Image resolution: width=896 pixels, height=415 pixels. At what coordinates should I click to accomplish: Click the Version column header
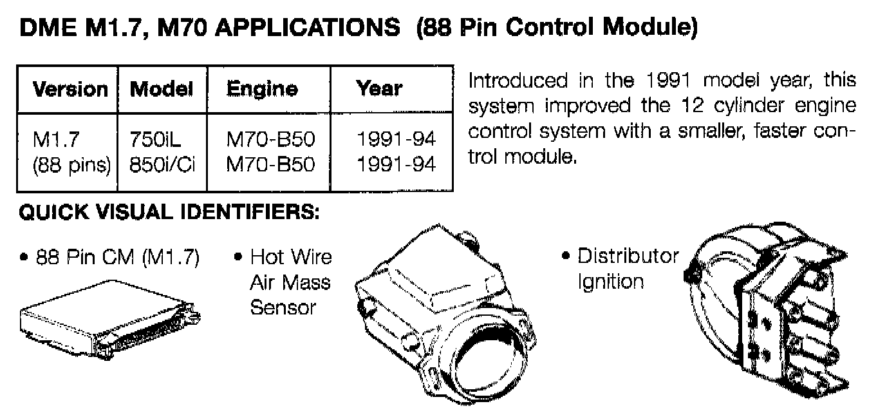[x=70, y=89]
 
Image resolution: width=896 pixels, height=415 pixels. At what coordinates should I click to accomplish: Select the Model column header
[x=162, y=89]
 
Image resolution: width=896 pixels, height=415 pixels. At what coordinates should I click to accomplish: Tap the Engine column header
[x=262, y=89]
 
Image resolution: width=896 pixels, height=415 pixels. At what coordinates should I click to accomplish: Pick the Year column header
[x=379, y=88]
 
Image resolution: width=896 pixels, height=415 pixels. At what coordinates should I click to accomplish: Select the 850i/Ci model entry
[x=162, y=165]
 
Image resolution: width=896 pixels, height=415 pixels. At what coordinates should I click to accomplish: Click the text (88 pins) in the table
[x=71, y=165]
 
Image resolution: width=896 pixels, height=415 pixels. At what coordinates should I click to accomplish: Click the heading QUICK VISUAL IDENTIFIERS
[x=169, y=213]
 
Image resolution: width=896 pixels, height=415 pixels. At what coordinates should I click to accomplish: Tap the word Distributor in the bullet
[x=628, y=256]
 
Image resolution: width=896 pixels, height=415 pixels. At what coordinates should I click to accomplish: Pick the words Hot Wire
[x=291, y=257]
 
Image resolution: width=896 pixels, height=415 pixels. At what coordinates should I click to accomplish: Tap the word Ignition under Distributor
[x=610, y=282]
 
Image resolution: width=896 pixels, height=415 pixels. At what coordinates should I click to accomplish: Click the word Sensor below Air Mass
[x=283, y=307]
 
